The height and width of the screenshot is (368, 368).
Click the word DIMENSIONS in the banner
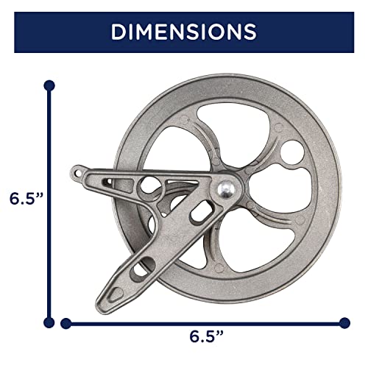point(184,32)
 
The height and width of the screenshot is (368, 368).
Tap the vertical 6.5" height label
point(25,199)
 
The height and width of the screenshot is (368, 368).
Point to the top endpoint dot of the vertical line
point(49,85)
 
